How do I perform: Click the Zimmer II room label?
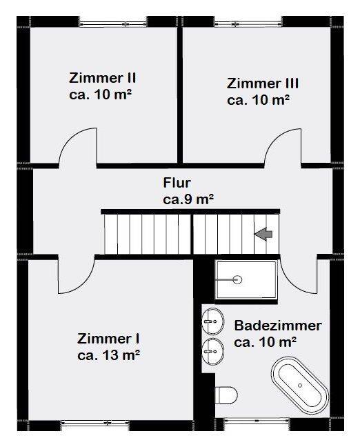click(x=102, y=78)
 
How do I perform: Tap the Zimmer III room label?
click(x=263, y=83)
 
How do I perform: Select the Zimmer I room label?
click(x=108, y=339)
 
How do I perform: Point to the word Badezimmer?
click(x=278, y=326)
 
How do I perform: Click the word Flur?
click(x=177, y=183)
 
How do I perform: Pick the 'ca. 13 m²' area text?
click(x=108, y=355)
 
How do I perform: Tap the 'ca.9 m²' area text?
click(x=188, y=199)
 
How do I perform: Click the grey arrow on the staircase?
click(x=263, y=235)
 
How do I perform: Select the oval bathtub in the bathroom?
click(x=300, y=385)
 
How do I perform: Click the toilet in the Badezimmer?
click(x=226, y=395)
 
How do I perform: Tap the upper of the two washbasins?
click(x=212, y=321)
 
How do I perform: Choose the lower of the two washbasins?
click(x=212, y=352)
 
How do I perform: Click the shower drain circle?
click(x=237, y=279)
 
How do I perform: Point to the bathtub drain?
click(x=300, y=386)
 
